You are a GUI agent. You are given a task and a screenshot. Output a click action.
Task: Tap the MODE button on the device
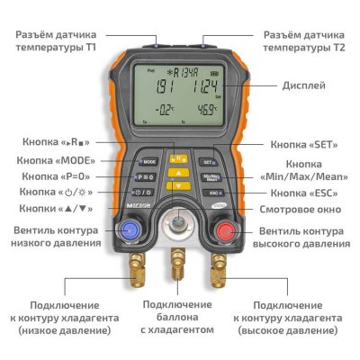coord(148,161)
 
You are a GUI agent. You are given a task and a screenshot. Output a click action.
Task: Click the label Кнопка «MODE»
coord(74,159)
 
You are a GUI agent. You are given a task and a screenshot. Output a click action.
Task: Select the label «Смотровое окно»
coord(299,209)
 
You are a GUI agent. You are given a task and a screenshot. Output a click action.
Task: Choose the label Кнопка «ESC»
coord(306,193)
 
